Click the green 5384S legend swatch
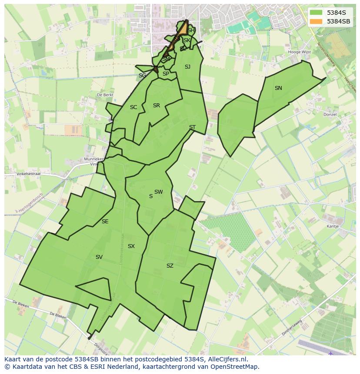pyautogui.click(x=316, y=13)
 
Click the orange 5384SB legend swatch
pyautogui.click(x=316, y=21)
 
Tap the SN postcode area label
pyautogui.click(x=278, y=88)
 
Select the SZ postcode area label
pyautogui.click(x=170, y=266)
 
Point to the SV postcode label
pyautogui.click(x=99, y=257)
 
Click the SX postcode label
pyautogui.click(x=131, y=246)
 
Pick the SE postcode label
pyautogui.click(x=105, y=222)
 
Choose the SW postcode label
pyautogui.click(x=158, y=192)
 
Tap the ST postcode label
pyautogui.click(x=192, y=127)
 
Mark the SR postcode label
pyautogui.click(x=157, y=106)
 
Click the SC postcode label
pyautogui.click(x=133, y=107)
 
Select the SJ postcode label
pyautogui.click(x=187, y=67)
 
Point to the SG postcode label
pyautogui.click(x=142, y=76)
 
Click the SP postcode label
pyautogui.click(x=166, y=74)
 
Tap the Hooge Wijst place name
pyautogui.click(x=300, y=52)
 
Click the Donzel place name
pyautogui.click(x=330, y=115)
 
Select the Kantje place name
pyautogui.click(x=333, y=226)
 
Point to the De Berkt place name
pyautogui.click(x=105, y=94)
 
